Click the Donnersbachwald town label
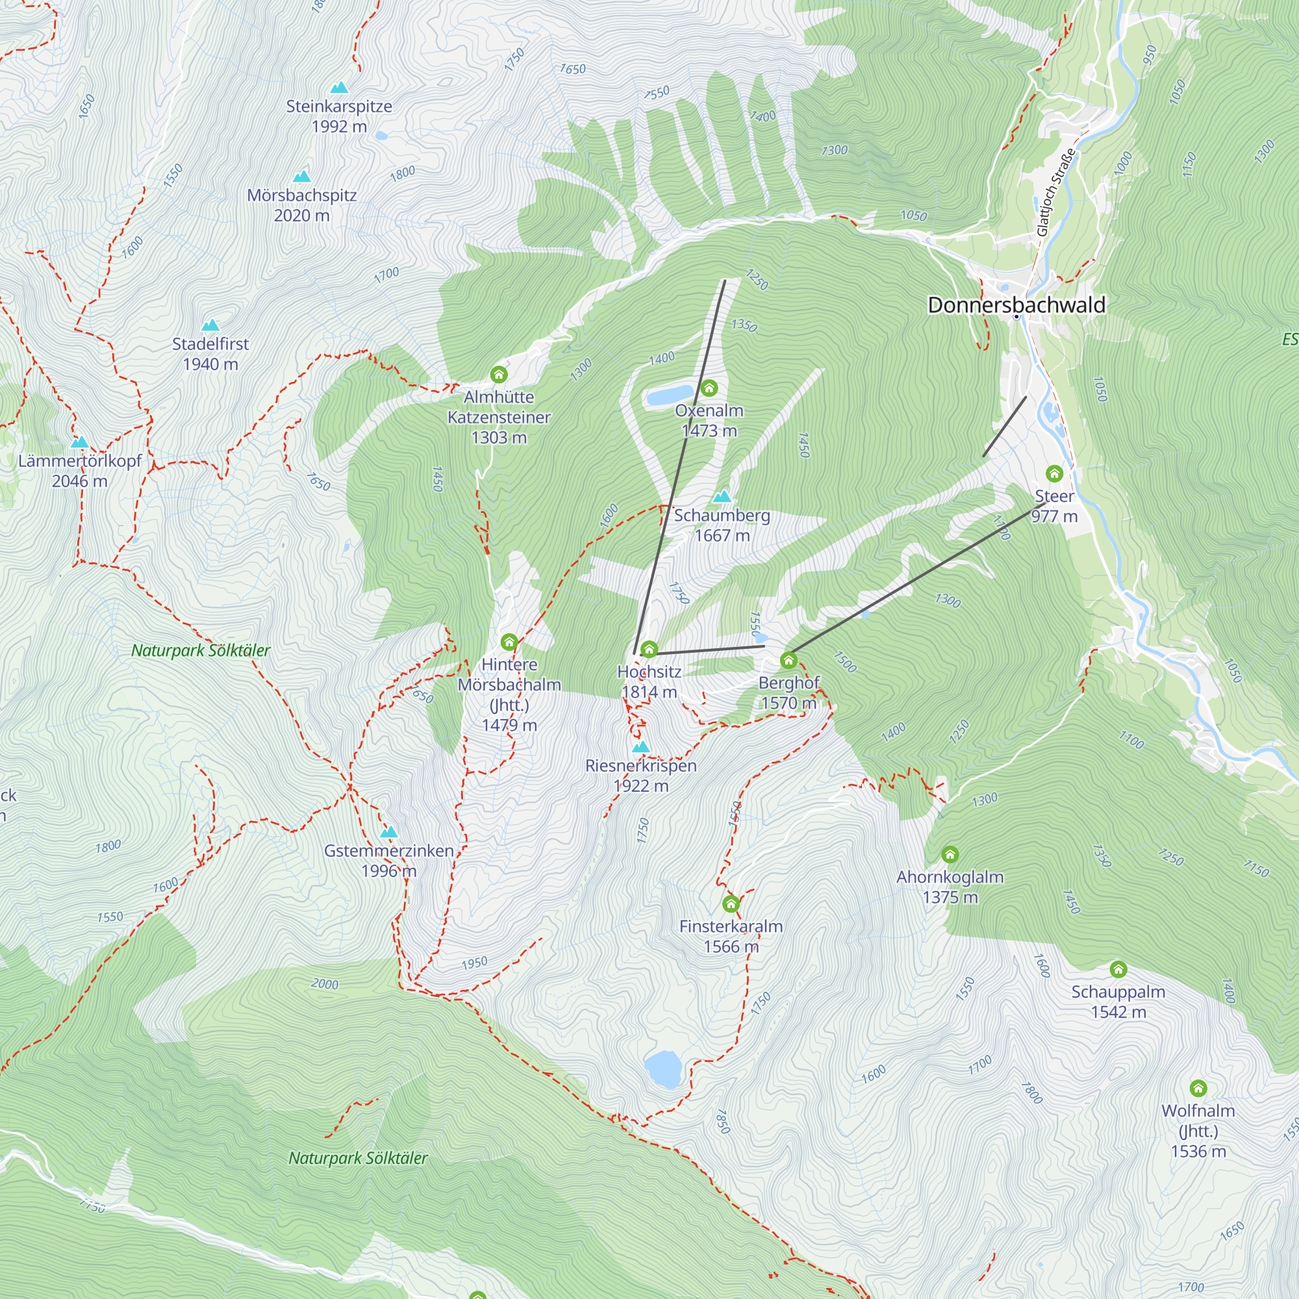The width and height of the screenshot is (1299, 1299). [x=1016, y=305]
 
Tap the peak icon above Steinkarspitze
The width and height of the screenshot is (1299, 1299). [x=340, y=88]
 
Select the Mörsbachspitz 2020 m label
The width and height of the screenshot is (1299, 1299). [x=302, y=205]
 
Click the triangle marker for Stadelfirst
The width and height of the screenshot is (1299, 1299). [x=210, y=325]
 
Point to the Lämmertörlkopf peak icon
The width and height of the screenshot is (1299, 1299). [x=79, y=442]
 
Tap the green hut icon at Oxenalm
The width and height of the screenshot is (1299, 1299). [x=709, y=388]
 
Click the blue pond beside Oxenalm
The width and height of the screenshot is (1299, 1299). [x=669, y=396]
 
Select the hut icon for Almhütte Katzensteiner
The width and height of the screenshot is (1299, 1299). [x=498, y=374]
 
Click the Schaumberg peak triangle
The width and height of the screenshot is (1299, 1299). [x=722, y=497]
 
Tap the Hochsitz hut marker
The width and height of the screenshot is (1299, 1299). [x=649, y=649]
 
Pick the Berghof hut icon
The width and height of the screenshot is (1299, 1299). [x=788, y=661]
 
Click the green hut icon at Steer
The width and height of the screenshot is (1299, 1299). [x=1053, y=473]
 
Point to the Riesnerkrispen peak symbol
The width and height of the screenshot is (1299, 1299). [x=641, y=746]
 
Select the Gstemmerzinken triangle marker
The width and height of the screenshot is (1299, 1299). [x=388, y=832]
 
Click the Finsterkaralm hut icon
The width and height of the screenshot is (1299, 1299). [x=731, y=903]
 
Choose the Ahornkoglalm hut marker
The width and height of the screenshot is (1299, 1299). [x=950, y=855]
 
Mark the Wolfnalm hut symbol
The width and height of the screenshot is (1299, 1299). [x=1198, y=1088]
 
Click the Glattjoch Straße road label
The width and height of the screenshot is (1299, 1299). [x=1055, y=192]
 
